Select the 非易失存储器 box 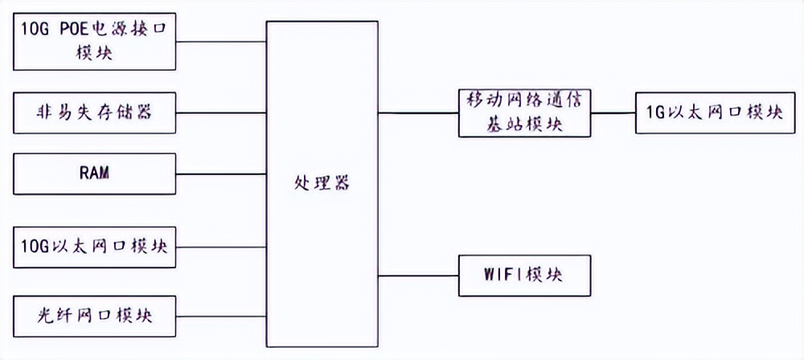tap(96, 113)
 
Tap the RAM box tap(96, 173)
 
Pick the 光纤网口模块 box tap(96, 316)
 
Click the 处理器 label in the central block tap(322, 182)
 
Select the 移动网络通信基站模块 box tap(525, 112)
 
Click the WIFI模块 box tap(525, 276)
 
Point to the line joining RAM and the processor tap(221, 173)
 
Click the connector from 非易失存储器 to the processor tap(221, 113)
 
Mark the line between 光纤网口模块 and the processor tap(221, 316)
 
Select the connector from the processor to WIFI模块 tap(418, 276)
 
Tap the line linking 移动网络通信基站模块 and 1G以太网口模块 tap(613, 112)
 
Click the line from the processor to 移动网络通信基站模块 tap(418, 112)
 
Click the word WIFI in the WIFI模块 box tap(503, 276)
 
